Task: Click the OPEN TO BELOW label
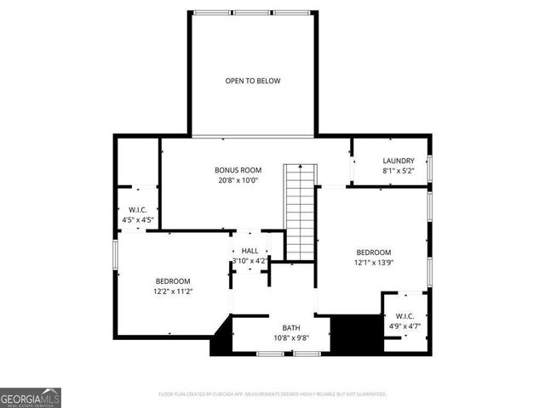pos(253,81)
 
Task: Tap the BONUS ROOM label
pos(238,170)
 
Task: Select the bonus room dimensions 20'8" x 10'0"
pos(238,180)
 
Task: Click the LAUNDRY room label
pos(399,161)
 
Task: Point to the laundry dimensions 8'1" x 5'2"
pos(399,171)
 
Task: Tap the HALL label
pos(250,251)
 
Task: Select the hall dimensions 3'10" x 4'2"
pos(250,261)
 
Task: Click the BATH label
pos(291,327)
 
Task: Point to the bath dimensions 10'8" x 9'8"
pos(291,337)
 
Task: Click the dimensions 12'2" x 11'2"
pos(173,292)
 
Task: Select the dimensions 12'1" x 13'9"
pos(373,263)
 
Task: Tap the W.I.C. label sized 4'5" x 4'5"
pos(138,210)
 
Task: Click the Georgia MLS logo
pos(31,398)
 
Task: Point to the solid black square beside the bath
pos(355,334)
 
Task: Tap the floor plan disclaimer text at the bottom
pos(272,394)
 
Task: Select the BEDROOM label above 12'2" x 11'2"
pos(173,281)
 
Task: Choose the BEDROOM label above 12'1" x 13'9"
pos(373,252)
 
